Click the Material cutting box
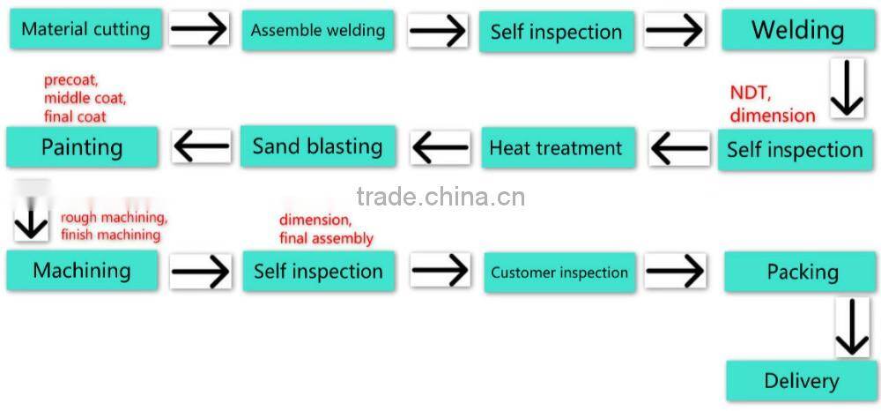(x=85, y=29)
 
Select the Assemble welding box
(x=317, y=31)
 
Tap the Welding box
(x=797, y=31)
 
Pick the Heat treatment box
(x=556, y=147)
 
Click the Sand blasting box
(x=317, y=146)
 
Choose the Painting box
(x=82, y=146)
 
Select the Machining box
(x=82, y=270)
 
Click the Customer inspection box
(x=559, y=272)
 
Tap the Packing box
(x=800, y=271)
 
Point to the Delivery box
(x=801, y=381)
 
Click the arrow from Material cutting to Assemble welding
(x=199, y=30)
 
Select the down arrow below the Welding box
(x=847, y=88)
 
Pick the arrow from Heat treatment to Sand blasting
(x=440, y=147)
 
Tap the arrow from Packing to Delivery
(x=851, y=327)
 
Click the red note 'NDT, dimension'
(x=772, y=104)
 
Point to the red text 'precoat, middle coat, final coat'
(x=85, y=98)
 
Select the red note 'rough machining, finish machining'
(x=113, y=226)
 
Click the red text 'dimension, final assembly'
(x=326, y=229)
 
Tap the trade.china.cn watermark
(x=440, y=196)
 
